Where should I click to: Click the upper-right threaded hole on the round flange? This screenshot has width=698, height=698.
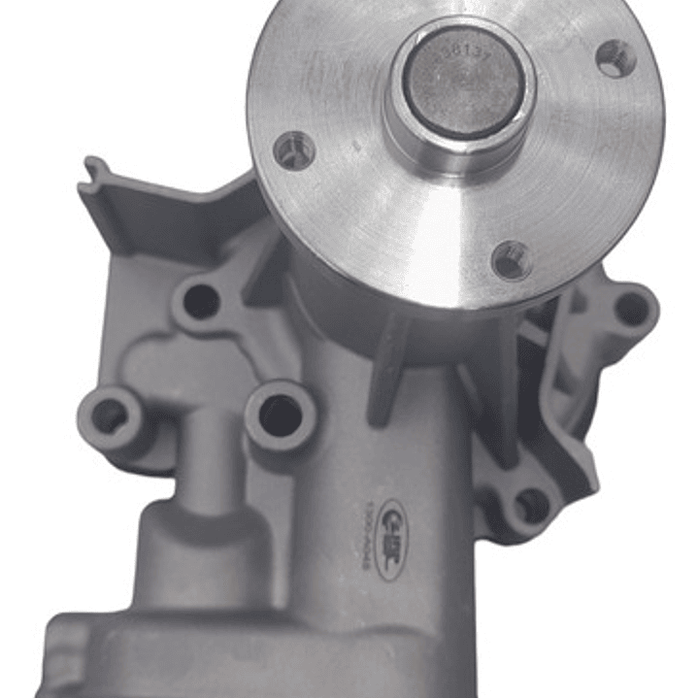coord(616,58)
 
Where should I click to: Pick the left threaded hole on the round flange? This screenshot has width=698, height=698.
coord(294,150)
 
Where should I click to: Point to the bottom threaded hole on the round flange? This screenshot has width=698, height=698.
coord(512,259)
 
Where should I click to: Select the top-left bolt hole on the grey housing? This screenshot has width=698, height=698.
coord(201,302)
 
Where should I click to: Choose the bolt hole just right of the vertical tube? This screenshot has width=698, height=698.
coord(280,415)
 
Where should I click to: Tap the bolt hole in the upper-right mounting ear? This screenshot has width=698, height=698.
coord(631,309)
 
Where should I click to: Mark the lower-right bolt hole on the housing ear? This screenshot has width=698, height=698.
coord(532,506)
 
